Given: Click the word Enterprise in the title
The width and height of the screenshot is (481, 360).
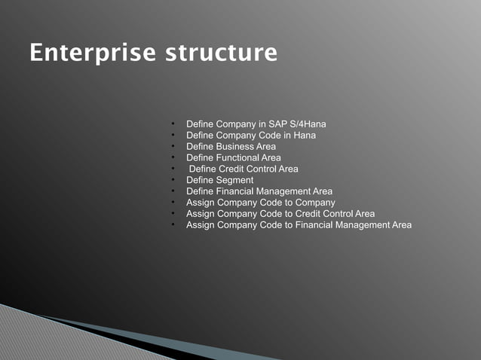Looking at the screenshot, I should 92,54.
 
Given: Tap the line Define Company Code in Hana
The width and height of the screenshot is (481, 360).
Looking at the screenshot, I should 250,135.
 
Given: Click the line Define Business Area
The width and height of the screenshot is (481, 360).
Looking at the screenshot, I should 231,146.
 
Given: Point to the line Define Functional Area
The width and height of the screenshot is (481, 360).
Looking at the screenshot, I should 233,157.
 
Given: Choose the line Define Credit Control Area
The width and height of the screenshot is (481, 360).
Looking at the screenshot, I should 243,169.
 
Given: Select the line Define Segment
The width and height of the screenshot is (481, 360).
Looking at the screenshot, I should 219,180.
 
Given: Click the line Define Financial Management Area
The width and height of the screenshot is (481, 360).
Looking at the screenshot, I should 259,191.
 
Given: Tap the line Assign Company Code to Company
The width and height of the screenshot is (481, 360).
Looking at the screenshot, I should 260,203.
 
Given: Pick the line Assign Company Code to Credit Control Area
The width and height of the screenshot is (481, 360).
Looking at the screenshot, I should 280,214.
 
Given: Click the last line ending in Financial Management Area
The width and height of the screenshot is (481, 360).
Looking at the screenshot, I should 299,225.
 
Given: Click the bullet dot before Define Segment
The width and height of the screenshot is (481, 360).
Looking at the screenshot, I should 173,179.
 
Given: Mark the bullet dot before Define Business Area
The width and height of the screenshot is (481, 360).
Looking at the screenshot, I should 173,145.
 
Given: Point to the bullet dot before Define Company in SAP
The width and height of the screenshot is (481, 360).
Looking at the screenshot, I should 173,123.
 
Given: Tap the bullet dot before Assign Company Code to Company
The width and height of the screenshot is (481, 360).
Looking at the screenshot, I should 173,202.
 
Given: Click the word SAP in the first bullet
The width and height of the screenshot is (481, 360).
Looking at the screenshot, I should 278,124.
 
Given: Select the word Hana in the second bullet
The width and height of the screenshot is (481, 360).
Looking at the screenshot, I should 305,135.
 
